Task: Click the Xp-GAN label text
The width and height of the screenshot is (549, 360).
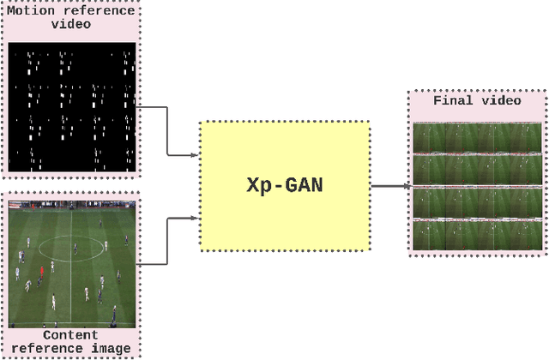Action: point(285,185)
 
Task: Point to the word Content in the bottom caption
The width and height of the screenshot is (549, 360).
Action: point(71,334)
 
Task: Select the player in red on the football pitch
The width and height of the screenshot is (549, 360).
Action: point(40,271)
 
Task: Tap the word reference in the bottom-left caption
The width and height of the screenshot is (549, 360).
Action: point(53,348)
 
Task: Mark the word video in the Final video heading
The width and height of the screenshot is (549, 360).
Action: point(504,100)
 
